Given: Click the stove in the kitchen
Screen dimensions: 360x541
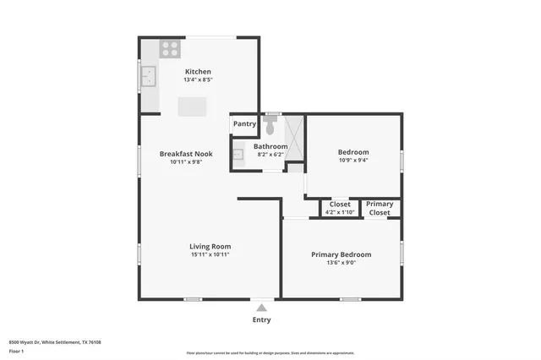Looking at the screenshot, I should point(172,48).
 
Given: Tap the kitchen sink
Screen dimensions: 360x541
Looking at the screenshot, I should point(150,78).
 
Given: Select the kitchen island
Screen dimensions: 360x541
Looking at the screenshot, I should point(192,106).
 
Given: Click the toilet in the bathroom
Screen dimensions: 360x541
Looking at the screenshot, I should point(270,127).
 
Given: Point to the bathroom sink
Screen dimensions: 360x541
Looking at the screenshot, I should point(238,155).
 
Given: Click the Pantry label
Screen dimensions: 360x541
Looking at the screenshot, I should point(244,123).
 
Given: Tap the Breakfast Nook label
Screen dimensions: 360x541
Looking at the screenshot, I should point(186,154).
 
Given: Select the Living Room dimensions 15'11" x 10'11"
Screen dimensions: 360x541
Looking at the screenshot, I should point(210,254).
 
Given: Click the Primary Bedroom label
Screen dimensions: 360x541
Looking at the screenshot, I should point(341,254).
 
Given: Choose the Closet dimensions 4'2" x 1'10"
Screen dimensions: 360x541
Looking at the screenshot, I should point(340,212).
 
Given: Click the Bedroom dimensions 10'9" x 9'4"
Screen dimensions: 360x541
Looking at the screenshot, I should point(353,161).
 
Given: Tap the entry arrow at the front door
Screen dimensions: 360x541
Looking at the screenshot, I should point(262,308).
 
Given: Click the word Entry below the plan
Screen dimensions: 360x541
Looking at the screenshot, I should point(262,320).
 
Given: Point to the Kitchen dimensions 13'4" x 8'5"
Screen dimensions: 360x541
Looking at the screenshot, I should point(198,80).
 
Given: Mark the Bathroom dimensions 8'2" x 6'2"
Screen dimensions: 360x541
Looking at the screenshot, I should point(270,155).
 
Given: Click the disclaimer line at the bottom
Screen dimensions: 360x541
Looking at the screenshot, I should point(270,353).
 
